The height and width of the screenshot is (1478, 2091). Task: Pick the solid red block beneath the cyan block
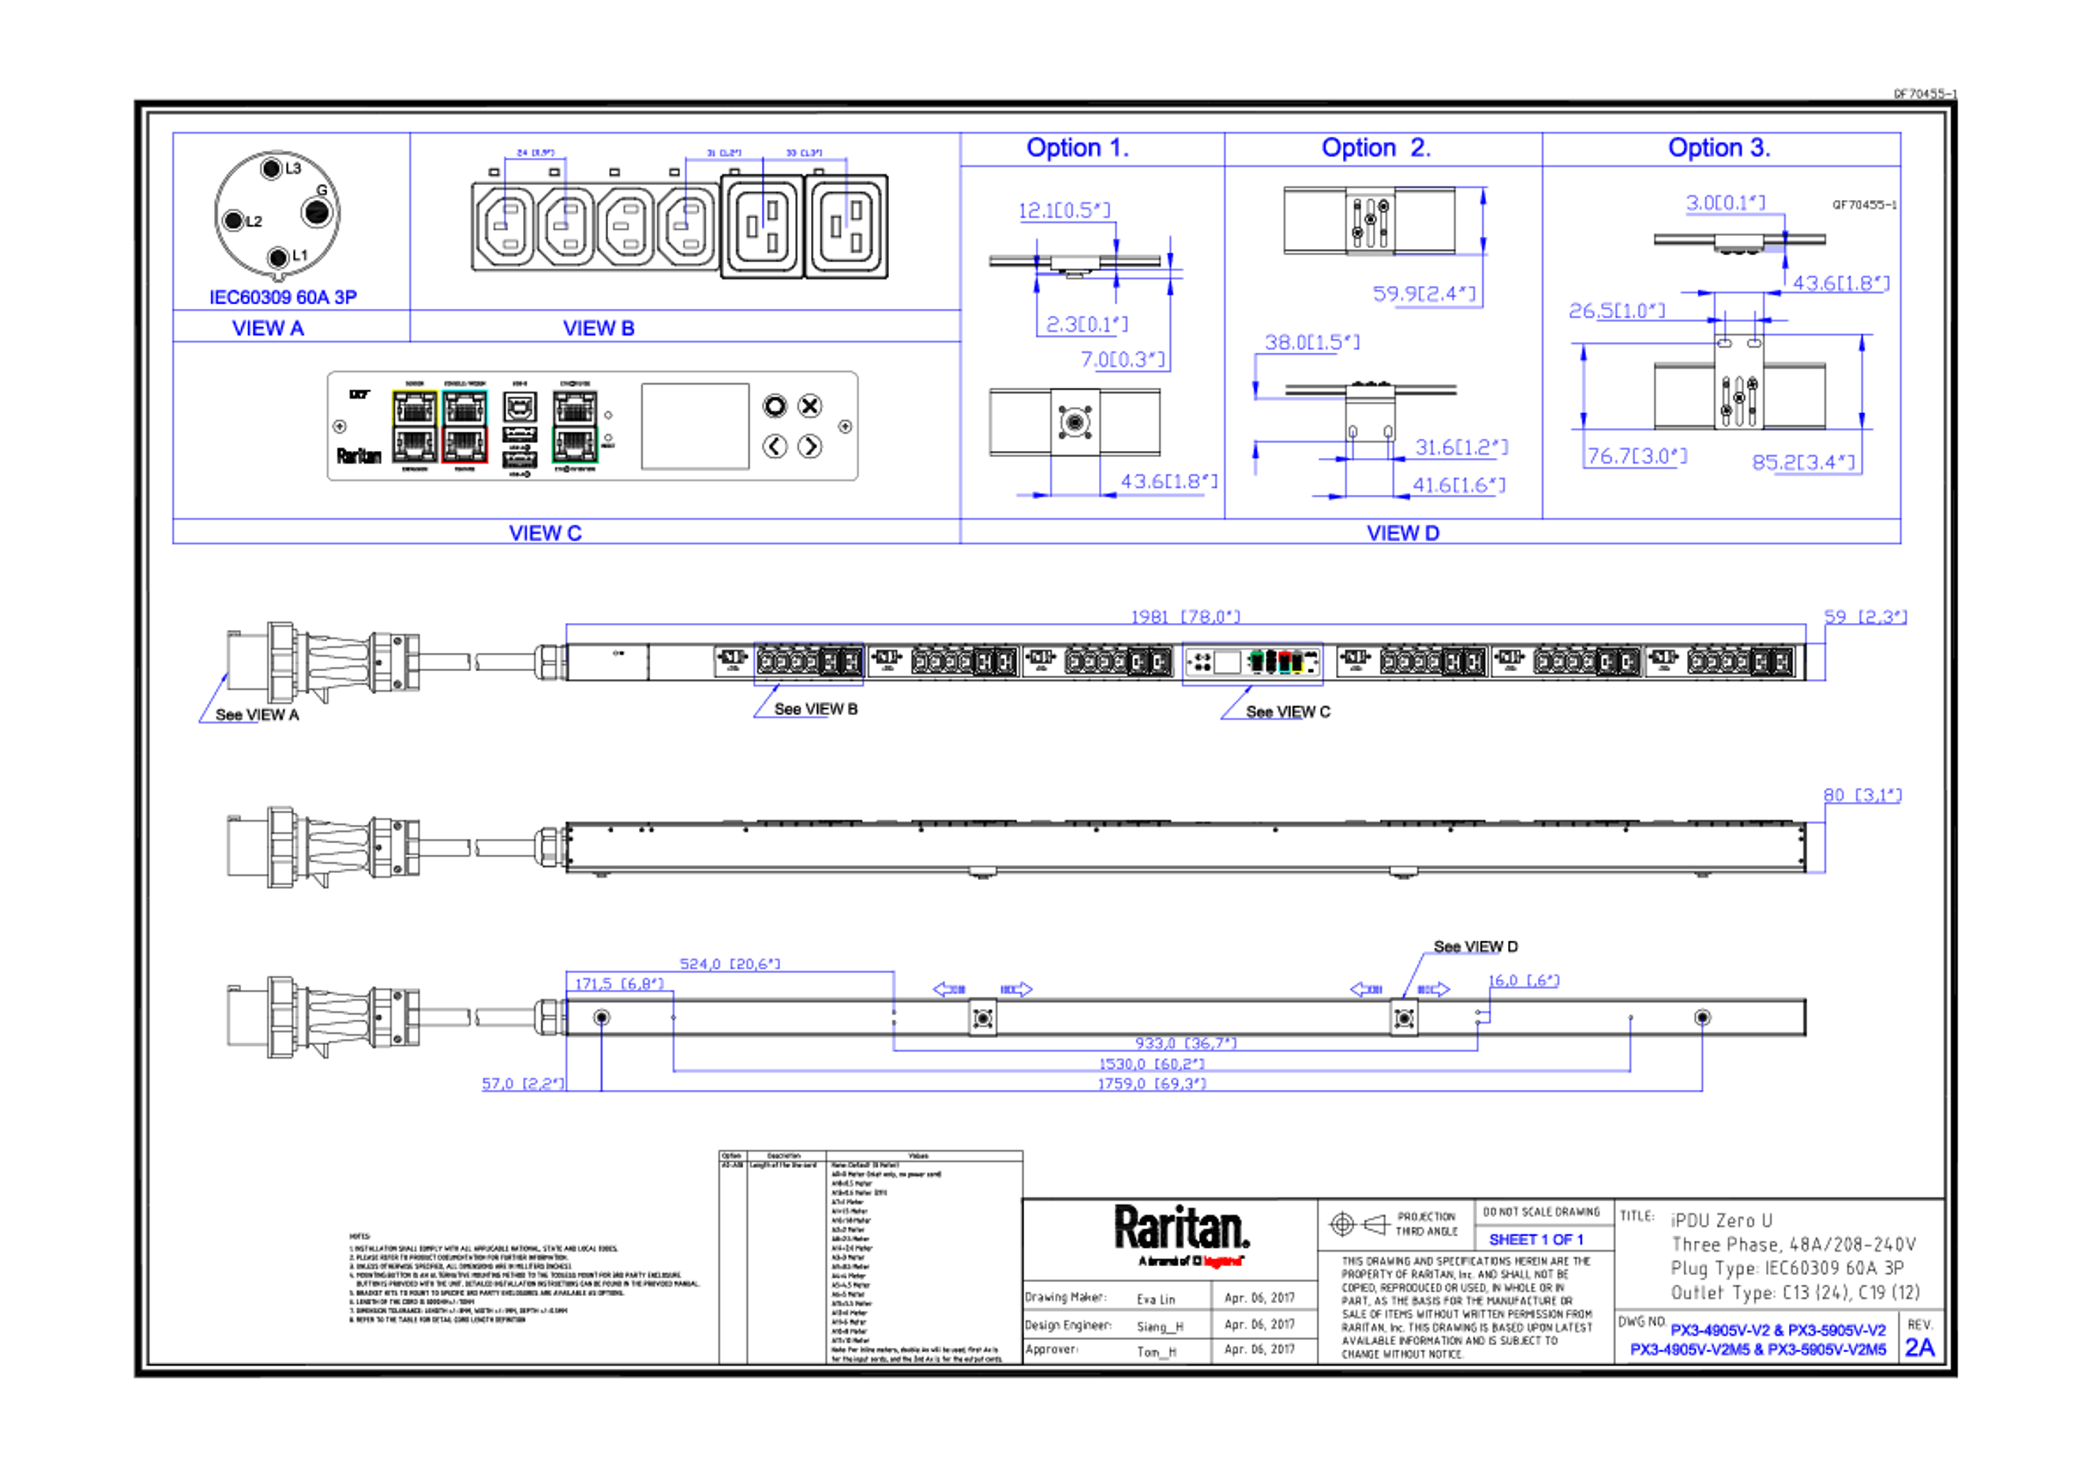point(493,444)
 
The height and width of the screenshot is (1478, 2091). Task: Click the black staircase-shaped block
point(1339,260)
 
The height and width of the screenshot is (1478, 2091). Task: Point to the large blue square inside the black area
point(598,1166)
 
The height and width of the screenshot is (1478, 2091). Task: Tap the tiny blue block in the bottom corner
point(1923,1348)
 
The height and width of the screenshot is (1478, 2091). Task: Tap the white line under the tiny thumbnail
point(1252,678)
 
